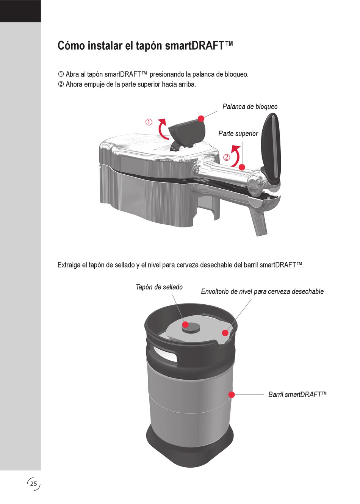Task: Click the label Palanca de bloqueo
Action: coord(250,106)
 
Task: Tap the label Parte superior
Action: coord(238,133)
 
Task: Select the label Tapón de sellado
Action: coord(159,287)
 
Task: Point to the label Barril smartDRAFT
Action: coord(297,394)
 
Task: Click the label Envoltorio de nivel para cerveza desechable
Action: coord(262,292)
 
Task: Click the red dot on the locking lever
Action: coord(201,118)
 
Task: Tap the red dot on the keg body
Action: coord(232,394)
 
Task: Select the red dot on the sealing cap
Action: coord(185,324)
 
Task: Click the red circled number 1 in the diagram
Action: coord(149,122)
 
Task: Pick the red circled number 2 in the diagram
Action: coord(227,158)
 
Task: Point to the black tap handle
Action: coord(270,149)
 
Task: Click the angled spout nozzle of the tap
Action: coord(259,223)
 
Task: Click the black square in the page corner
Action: coord(20,11)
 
